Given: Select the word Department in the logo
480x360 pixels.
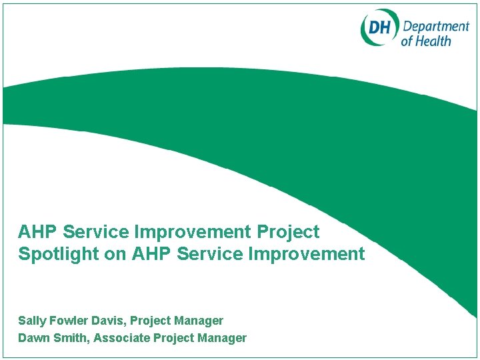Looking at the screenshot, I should click(x=435, y=26).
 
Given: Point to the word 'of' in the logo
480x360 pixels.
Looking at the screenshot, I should click(x=407, y=41).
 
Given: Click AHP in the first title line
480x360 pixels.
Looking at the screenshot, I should click(x=38, y=233).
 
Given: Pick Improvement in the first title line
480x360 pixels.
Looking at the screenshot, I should click(x=194, y=233).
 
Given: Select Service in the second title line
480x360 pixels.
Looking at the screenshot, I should click(x=211, y=254).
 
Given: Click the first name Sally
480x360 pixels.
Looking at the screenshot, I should click(x=31, y=321).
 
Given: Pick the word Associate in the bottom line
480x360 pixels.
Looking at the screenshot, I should click(x=121, y=338).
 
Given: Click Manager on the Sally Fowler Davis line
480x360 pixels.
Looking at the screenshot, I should click(x=200, y=321).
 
